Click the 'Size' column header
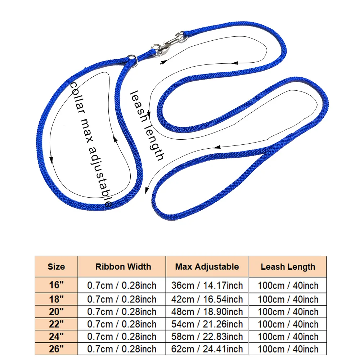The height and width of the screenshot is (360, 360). [x=56, y=267]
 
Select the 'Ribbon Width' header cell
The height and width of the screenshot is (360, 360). [x=123, y=267]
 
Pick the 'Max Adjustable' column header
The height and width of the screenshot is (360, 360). [x=207, y=267]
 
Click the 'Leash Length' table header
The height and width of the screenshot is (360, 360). [x=288, y=267]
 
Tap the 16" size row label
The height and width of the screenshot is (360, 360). [x=56, y=285]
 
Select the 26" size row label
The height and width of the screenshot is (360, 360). [x=56, y=348]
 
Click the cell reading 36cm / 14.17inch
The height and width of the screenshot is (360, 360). [x=207, y=285]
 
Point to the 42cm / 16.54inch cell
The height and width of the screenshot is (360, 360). [x=207, y=299]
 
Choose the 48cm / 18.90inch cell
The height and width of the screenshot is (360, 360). [x=207, y=311]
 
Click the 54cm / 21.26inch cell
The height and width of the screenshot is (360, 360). [x=207, y=324]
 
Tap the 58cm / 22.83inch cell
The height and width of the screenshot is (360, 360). [x=207, y=337]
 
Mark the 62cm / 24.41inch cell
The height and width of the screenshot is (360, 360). [x=207, y=348]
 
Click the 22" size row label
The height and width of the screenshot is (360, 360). [x=56, y=324]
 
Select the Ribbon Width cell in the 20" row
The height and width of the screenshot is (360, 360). [x=122, y=311]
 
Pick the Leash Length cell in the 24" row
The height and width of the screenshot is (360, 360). [x=288, y=337]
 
